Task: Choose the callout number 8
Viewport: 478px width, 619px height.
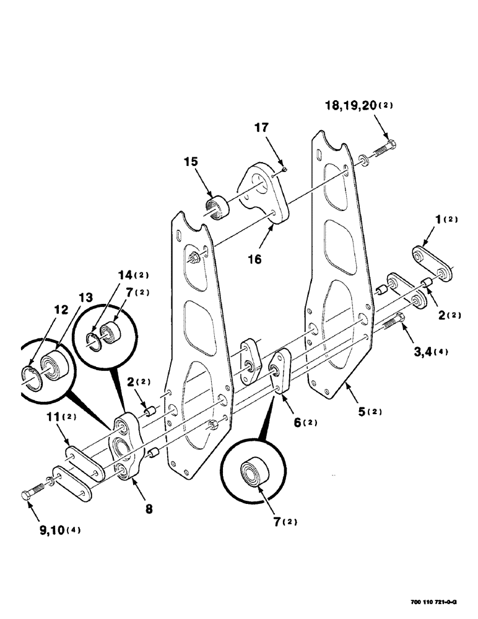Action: [x=149, y=509]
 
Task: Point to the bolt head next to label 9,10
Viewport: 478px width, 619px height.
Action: [x=27, y=495]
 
